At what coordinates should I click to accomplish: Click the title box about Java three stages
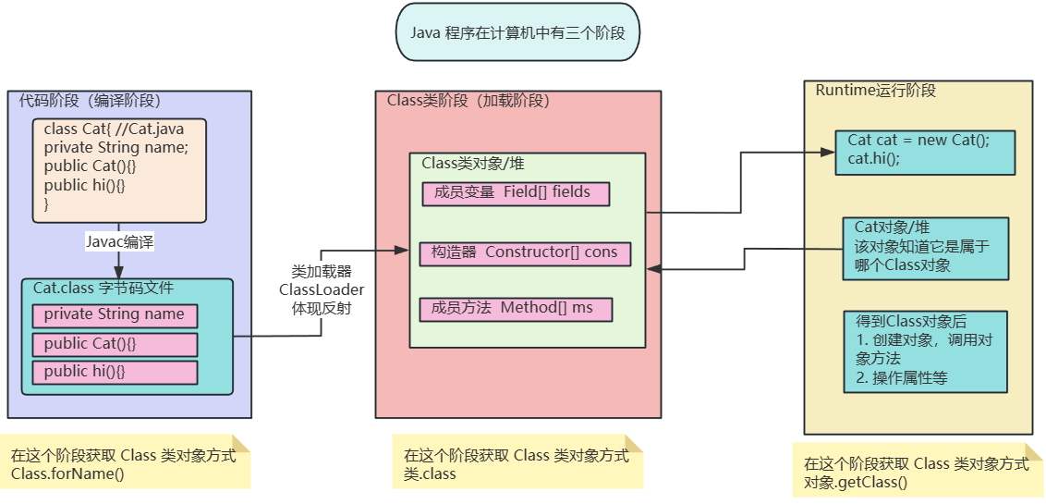coord(517,32)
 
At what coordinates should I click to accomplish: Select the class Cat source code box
coord(120,170)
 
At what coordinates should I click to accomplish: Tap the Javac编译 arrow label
coord(119,242)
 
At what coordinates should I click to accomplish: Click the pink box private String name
coord(116,315)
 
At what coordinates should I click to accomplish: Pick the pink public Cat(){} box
coord(116,344)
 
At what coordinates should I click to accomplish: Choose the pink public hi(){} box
coord(116,372)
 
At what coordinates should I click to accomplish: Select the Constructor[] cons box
coord(525,252)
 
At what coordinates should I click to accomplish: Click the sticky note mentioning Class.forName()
coord(125,463)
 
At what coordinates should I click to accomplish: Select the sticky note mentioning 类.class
coord(517,462)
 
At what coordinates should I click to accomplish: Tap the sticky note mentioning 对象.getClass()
coord(916,472)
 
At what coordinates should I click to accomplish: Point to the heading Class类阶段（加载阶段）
coord(468,102)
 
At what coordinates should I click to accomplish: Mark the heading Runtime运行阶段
coord(876,91)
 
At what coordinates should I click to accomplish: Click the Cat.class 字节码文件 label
coord(103,289)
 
